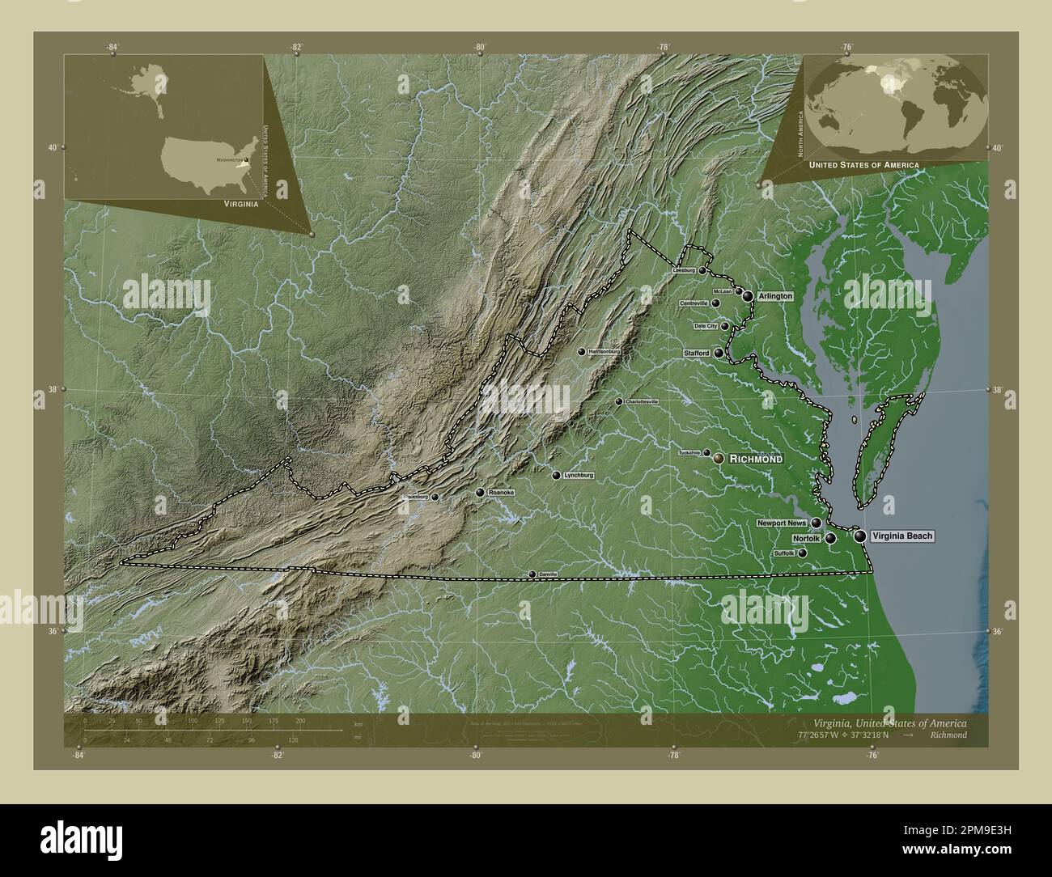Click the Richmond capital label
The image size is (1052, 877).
(756, 459)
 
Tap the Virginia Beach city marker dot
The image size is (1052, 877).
(859, 536)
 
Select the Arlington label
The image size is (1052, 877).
(774, 297)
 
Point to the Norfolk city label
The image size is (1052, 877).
(807, 538)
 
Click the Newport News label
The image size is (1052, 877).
(782, 523)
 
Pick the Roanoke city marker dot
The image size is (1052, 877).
(480, 492)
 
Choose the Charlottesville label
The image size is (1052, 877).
(642, 401)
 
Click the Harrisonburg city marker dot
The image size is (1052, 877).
(582, 352)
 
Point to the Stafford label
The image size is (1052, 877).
(696, 354)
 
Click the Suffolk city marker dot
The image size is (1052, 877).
(803, 553)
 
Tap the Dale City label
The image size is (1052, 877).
(706, 326)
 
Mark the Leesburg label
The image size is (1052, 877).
(685, 271)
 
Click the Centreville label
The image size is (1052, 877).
(694, 303)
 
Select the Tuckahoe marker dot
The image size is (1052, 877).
(706, 453)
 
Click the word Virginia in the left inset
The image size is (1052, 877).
(241, 205)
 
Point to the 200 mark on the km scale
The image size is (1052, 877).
(300, 720)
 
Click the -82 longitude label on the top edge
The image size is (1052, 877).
(297, 47)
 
